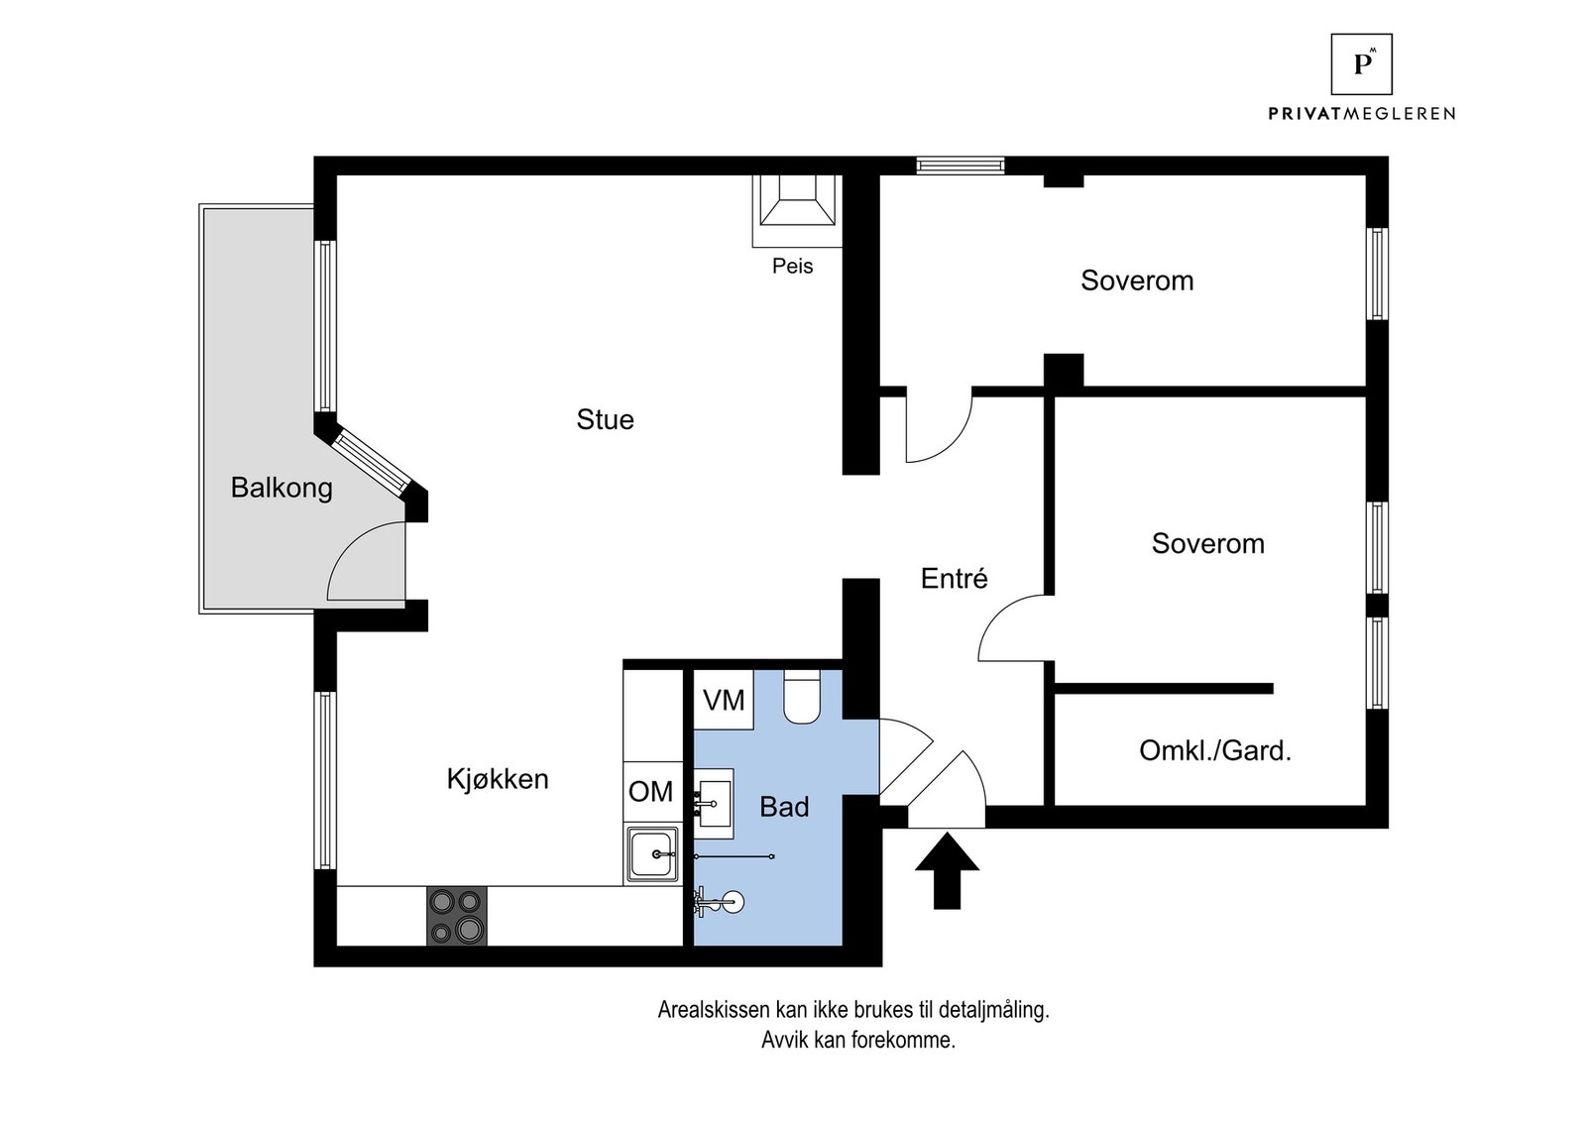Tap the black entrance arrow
pos(947,871)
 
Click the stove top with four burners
pos(457,916)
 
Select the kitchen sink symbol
pos(652,853)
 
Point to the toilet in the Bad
pos(800,696)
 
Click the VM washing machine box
pos(724,700)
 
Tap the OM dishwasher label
pos(650,791)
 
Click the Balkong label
pos(282,488)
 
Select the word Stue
pos(605,419)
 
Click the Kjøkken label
pos(498,779)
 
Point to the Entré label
pos(954,579)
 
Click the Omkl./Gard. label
pos(1215,750)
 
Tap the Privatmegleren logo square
pos(1360,64)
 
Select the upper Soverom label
pos(1137,280)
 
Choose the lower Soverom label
pos(1207,543)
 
